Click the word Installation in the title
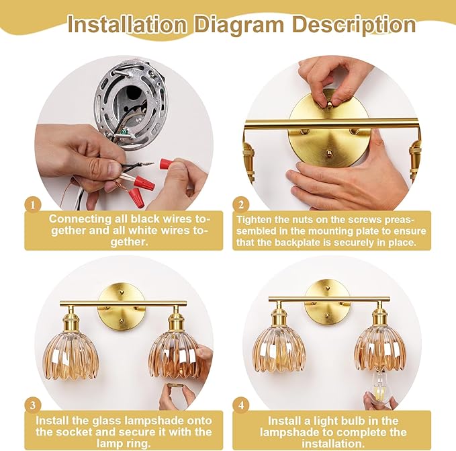(126, 24)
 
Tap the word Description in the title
(354, 25)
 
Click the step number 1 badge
(32, 206)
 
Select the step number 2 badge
(241, 206)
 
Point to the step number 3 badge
(32, 405)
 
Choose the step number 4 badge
(241, 405)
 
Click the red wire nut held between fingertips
(165, 165)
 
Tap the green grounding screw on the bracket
(125, 132)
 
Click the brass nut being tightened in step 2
(329, 104)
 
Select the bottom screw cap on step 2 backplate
(329, 153)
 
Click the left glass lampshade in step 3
(71, 358)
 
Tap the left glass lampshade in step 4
(279, 350)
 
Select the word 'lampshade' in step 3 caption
(152, 421)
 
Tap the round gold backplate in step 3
(122, 307)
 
